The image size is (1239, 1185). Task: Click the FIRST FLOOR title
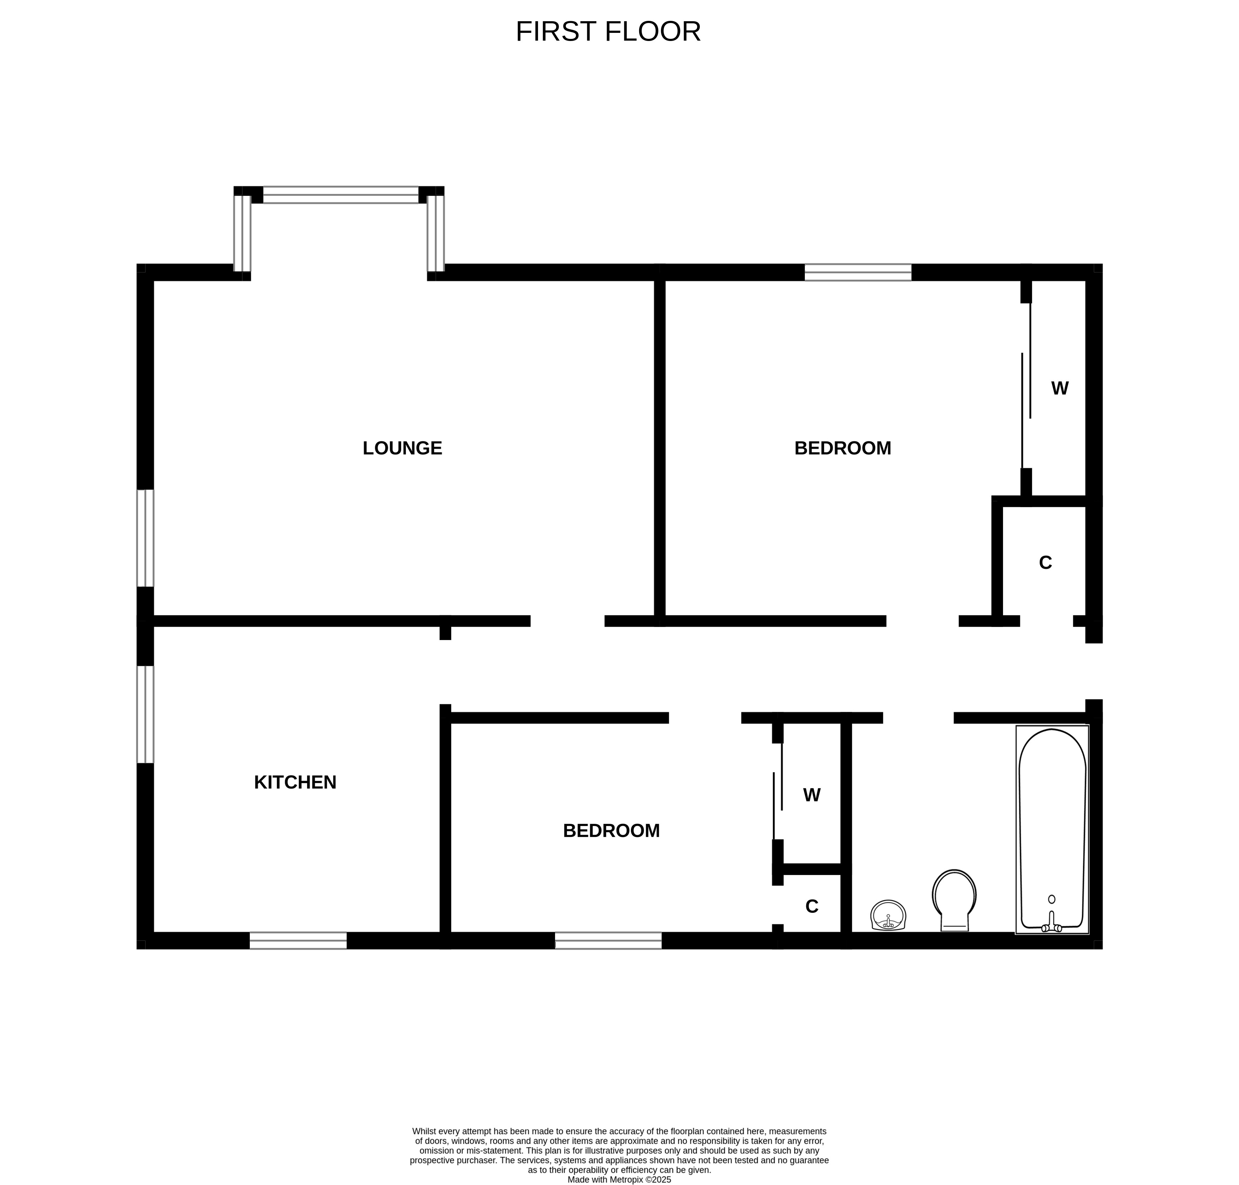tap(608, 31)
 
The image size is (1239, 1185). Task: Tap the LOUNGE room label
tap(402, 448)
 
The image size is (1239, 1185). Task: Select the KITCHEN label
tap(295, 782)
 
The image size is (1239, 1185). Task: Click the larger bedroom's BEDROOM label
tap(842, 448)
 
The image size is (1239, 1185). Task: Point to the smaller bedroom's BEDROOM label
tap(611, 831)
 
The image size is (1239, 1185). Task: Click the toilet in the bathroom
tap(954, 899)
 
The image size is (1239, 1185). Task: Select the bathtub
tap(1052, 829)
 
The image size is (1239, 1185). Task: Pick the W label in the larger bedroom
tap(1060, 388)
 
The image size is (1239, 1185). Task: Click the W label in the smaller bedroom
tap(812, 794)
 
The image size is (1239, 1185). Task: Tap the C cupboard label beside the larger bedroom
tap(1045, 562)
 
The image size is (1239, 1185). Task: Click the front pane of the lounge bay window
tap(340, 194)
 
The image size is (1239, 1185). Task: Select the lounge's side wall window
tap(145, 538)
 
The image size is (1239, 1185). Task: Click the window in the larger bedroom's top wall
tap(857, 272)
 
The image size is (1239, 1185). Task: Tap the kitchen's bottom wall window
tap(298, 940)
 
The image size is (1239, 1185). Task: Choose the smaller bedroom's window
tap(608, 940)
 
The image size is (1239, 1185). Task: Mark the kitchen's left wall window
tap(145, 714)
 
